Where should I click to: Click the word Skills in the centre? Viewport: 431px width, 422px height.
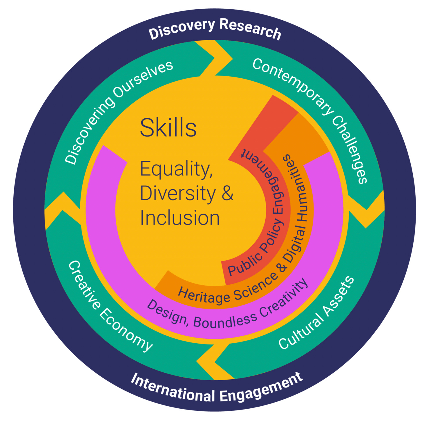[168, 128]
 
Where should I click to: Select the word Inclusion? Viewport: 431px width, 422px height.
[180, 218]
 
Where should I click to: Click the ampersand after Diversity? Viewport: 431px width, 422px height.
[227, 194]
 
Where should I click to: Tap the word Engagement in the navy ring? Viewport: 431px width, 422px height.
[261, 388]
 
